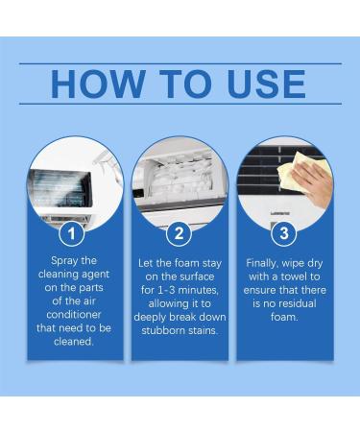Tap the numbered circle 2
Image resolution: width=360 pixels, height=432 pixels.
click(x=180, y=233)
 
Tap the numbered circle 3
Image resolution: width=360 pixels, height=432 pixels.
click(x=284, y=233)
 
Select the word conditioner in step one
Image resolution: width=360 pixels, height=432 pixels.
click(x=75, y=314)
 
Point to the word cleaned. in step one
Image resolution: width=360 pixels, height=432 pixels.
click(x=75, y=341)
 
